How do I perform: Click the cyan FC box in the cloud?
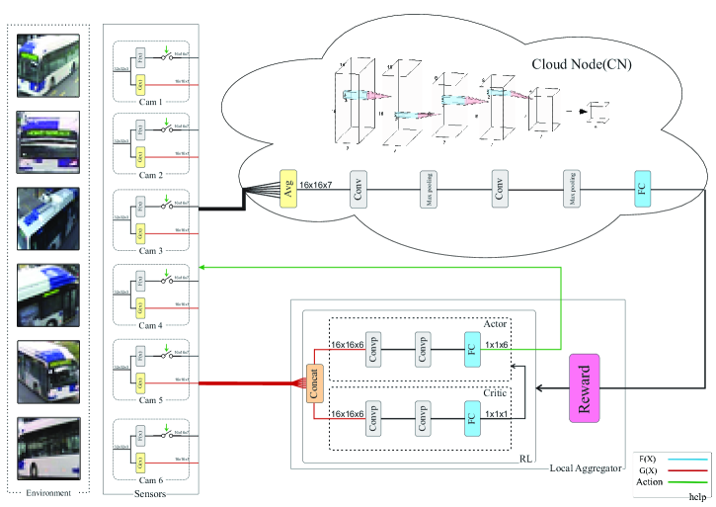click(644, 187)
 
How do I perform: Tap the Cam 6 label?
click(152, 480)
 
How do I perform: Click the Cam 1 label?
click(152, 101)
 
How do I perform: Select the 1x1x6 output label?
click(498, 344)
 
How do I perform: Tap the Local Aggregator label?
click(587, 466)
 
